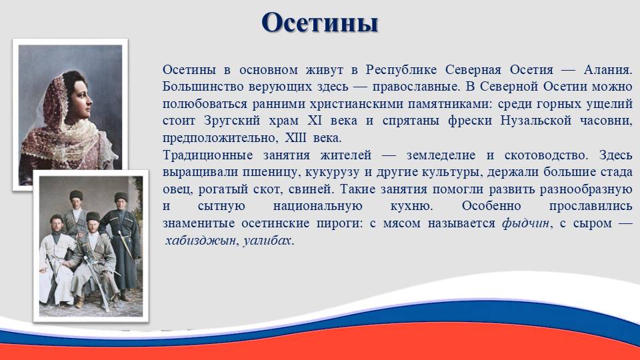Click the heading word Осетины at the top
pos(319,23)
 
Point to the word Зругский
pos(232,121)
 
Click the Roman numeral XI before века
pos(315,121)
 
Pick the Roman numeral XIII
pos(295,138)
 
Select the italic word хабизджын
pos(201,241)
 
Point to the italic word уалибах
pos(268,241)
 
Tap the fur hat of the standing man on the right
pos(121,197)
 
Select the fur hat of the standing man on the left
pos(76,195)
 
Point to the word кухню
pos(411,207)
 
